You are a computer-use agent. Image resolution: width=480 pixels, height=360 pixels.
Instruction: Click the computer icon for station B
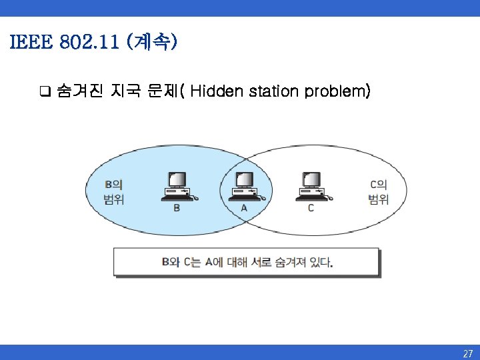coord(177,186)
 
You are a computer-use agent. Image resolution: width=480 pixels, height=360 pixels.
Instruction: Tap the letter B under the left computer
coord(177,208)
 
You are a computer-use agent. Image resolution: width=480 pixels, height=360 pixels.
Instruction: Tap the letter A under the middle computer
coord(244,208)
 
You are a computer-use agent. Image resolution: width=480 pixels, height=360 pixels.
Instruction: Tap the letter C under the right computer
coord(311,208)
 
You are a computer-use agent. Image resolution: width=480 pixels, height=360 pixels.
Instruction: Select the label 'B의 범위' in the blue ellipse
coord(113,192)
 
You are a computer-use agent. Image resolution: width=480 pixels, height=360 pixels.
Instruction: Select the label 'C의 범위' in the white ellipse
coord(379,192)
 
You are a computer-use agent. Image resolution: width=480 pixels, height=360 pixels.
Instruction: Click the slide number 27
coord(467,353)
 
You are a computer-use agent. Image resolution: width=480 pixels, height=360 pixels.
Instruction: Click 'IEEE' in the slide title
coord(30,43)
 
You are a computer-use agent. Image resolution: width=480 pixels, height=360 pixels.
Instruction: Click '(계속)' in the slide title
coord(154,43)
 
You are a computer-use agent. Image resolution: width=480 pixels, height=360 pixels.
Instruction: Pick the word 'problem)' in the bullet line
coord(337,91)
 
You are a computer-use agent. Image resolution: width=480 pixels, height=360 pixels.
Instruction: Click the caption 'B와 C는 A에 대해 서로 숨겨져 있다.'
coord(247,262)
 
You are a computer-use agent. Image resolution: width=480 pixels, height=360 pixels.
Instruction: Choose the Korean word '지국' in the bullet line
coord(125,91)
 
